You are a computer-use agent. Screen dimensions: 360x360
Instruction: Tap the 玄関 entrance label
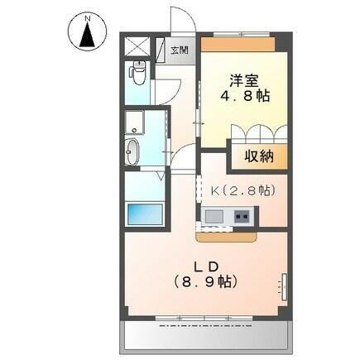coord(179,50)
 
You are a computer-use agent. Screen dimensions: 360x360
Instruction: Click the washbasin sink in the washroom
coord(135,151)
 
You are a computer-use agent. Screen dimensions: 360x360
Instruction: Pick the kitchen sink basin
coord(214,218)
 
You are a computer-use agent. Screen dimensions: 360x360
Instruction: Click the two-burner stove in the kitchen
coord(243,218)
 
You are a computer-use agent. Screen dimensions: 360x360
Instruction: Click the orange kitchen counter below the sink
coord(228,234)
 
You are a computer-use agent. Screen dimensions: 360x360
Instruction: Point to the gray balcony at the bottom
coord(205,336)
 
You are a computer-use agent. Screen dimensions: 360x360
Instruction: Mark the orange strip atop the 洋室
coord(242,41)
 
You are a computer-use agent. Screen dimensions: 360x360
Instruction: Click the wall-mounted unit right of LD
coord(286,286)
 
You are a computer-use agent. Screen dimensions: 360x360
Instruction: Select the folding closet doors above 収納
coord(259,133)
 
